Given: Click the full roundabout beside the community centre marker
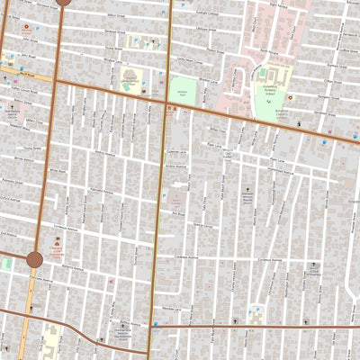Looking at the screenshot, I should [x=34, y=260].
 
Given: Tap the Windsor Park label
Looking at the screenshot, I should [x=183, y=94].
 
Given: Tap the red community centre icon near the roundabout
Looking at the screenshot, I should [x=58, y=243].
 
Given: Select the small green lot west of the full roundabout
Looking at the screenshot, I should [x=6, y=264].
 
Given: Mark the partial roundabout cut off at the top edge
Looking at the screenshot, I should [x=62, y=2].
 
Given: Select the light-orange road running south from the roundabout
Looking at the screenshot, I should [x=30, y=306].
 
